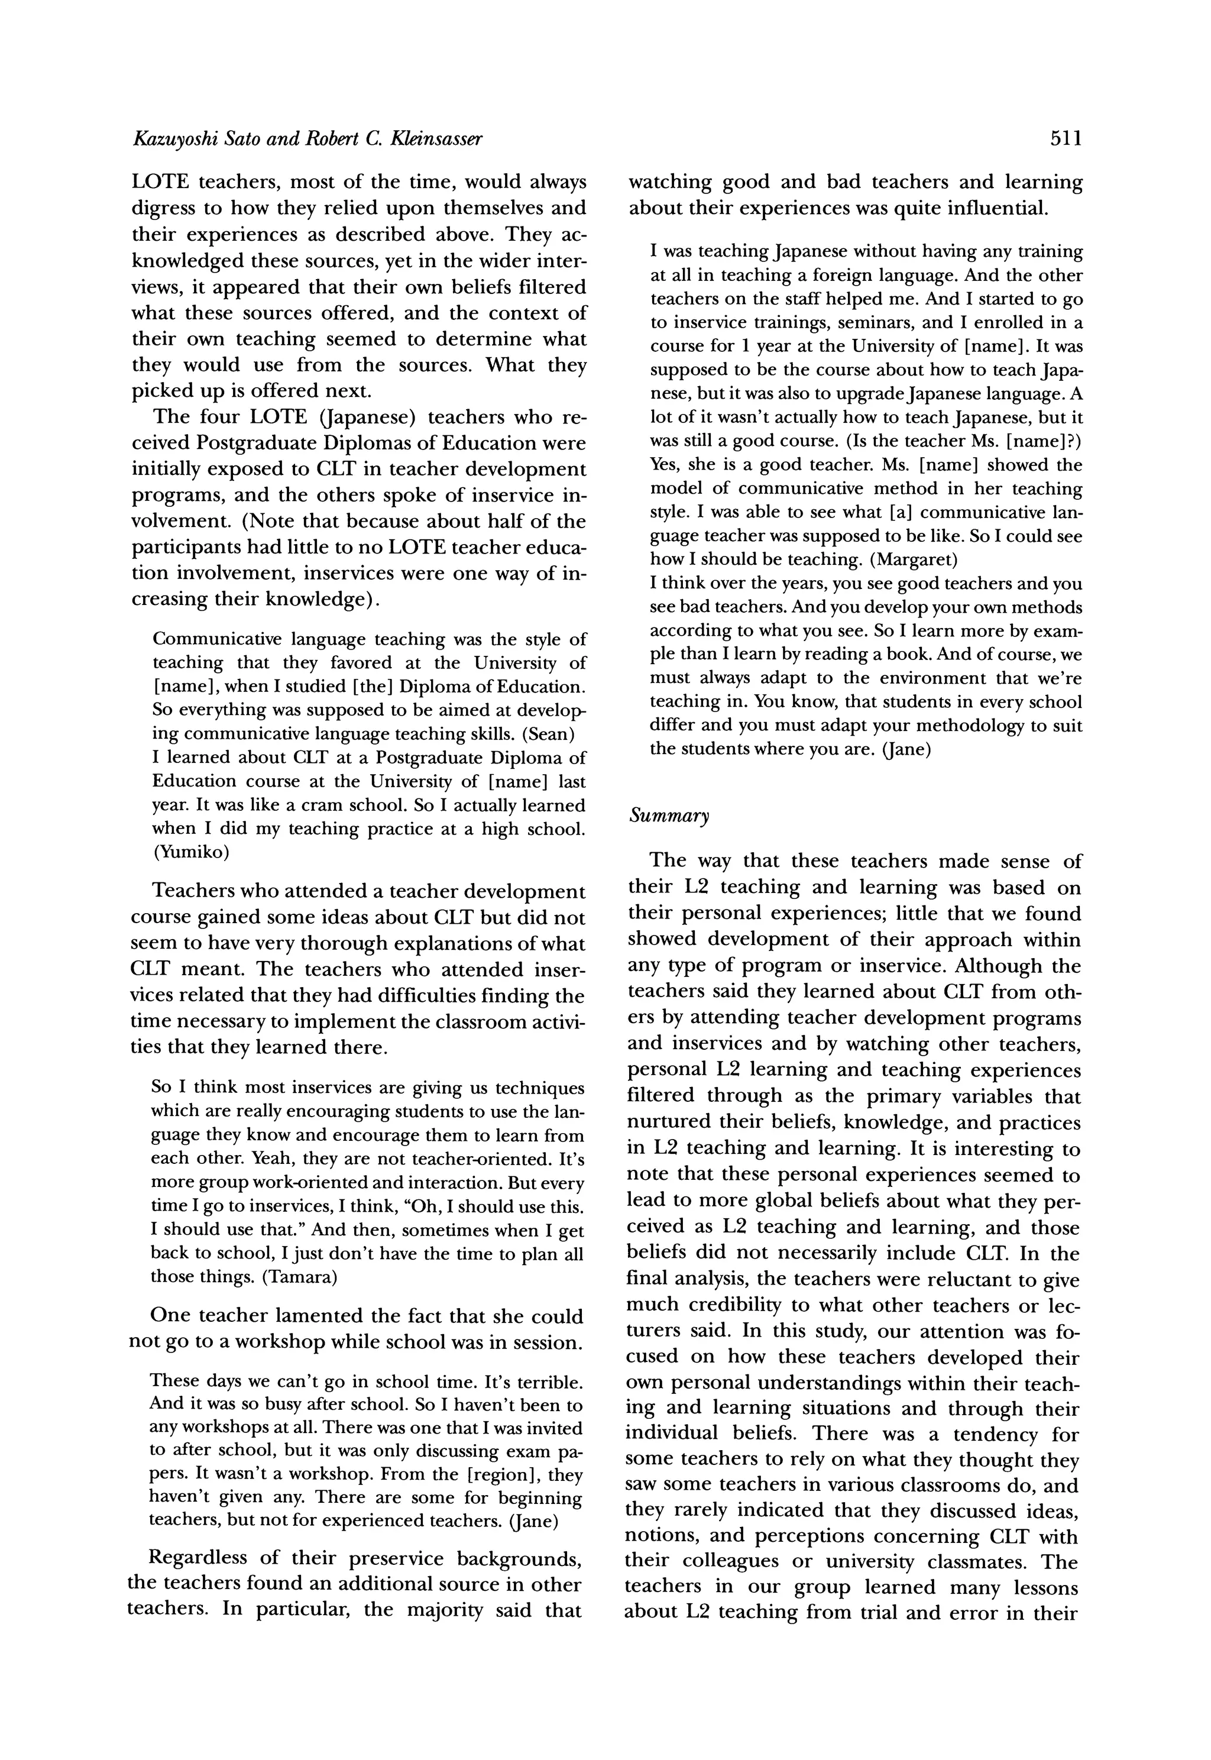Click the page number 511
(1066, 139)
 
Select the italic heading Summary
(669, 816)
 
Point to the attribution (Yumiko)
(190, 852)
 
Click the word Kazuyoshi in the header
(169, 139)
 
